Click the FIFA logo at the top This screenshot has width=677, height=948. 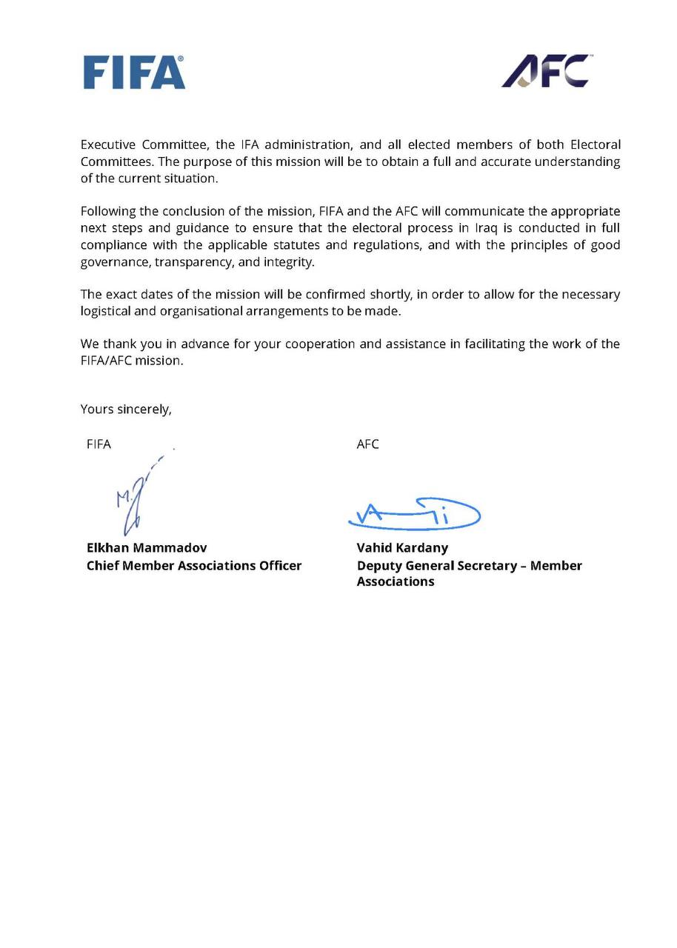(x=134, y=73)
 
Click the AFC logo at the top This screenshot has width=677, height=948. (x=545, y=71)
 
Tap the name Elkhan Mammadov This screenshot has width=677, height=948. (x=147, y=548)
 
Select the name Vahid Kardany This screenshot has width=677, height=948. (x=402, y=548)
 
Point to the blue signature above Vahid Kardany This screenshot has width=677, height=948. (x=415, y=514)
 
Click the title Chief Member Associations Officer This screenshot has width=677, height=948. (x=194, y=565)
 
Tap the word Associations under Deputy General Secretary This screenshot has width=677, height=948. (x=396, y=581)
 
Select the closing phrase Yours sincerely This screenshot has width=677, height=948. (x=126, y=409)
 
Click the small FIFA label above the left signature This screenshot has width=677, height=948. (x=99, y=444)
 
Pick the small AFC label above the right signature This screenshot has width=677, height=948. (x=367, y=444)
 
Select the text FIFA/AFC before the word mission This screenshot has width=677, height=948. (x=106, y=361)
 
